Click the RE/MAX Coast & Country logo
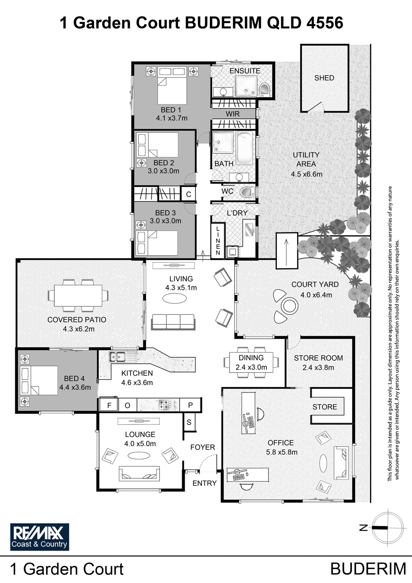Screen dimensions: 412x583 [x=40, y=537]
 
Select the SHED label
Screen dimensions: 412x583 [x=324, y=78]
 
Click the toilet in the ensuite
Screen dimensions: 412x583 [x=265, y=89]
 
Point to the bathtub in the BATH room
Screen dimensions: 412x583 [x=244, y=148]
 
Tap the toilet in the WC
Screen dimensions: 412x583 [x=247, y=192]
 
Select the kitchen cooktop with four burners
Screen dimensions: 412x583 [x=165, y=405]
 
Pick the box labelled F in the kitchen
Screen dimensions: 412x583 [x=109, y=405]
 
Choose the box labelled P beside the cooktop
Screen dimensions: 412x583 [x=190, y=405]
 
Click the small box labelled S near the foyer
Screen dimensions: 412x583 [x=189, y=422]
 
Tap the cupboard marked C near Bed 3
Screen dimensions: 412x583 [x=188, y=194]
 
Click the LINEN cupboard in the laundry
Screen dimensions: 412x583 [x=218, y=241]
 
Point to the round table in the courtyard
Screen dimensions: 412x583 [x=289, y=306]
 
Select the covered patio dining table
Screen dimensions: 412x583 [x=78, y=295]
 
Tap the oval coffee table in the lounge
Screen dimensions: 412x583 [x=138, y=455]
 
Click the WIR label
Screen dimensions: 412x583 [x=232, y=114]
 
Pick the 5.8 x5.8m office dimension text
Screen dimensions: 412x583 [x=282, y=452]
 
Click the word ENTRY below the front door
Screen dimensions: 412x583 [x=204, y=483]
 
